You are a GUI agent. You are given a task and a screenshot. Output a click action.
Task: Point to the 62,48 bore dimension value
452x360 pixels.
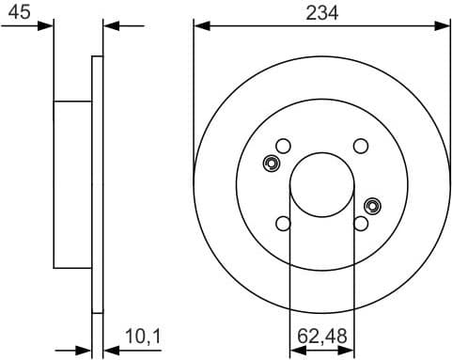point(322,334)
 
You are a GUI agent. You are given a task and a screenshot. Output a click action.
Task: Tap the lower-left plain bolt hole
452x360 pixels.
point(283,224)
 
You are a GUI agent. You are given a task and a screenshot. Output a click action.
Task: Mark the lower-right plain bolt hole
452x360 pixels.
point(361,224)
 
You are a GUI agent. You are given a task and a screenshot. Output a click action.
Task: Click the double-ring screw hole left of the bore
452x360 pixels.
point(272,164)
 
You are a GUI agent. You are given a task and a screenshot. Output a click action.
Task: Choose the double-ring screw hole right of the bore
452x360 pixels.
point(372,205)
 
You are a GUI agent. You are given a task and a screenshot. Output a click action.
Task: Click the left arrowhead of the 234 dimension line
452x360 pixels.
point(199,26)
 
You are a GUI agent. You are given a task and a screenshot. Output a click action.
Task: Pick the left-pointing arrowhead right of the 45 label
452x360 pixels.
point(107,26)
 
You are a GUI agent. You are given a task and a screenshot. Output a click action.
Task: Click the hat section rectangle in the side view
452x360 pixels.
point(71,184)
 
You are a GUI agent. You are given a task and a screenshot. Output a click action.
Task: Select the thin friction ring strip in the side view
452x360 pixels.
point(96,184)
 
